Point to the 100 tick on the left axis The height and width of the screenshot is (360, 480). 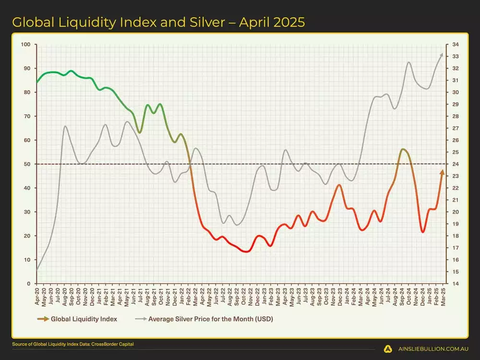26,45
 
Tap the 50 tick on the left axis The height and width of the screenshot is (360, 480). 27,164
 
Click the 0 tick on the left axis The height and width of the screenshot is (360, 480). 29,284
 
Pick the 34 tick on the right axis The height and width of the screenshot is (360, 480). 455,45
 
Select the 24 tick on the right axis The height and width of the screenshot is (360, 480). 455,164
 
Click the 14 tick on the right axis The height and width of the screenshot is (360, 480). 455,284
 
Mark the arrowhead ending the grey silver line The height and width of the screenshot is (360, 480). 442,55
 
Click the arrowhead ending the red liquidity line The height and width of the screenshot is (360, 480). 442,172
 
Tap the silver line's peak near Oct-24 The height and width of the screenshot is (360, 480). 409,62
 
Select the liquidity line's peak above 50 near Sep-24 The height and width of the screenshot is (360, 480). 403,149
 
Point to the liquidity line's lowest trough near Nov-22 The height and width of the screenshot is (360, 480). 246,251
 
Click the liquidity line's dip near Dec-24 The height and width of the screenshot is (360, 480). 423,232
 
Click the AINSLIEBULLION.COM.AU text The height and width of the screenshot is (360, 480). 432,349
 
